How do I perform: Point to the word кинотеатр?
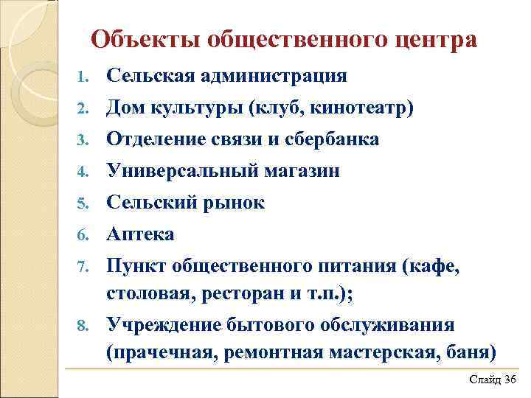tap(364, 108)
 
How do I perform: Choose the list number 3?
tap(84, 140)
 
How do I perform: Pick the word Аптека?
tap(141, 235)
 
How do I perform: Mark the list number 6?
tap(84, 236)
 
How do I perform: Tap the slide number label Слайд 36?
tap(492, 378)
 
